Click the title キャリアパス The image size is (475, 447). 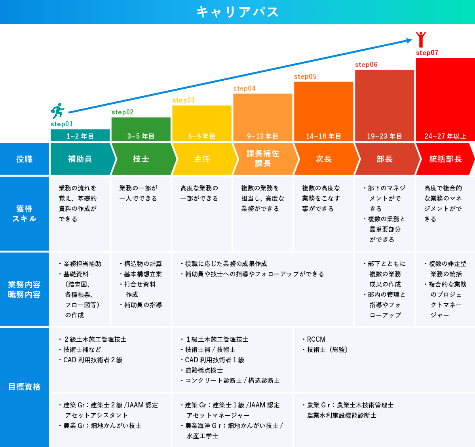tap(237, 12)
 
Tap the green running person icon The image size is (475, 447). tap(57, 111)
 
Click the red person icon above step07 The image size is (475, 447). tap(421, 40)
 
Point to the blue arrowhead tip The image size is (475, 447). tap(412, 40)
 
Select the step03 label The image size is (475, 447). tap(184, 100)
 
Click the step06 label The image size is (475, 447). tap(366, 65)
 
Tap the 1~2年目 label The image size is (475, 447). tap(80, 136)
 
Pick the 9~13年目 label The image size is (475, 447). tap(262, 136)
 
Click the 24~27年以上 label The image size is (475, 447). tap(445, 136)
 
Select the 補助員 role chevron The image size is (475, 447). tap(81, 159)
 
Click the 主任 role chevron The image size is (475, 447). tap(203, 159)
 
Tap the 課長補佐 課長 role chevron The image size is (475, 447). tap(264, 159)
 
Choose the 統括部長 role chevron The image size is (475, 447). tap(445, 159)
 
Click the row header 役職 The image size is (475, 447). tap(24, 159)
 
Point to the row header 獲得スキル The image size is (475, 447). tap(24, 214)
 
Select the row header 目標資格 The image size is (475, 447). tap(24, 387)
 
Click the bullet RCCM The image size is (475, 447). tap(314, 339)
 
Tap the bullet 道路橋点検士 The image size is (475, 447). tap(202, 370)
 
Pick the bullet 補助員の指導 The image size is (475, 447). tap(141, 305)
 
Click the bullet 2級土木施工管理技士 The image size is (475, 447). tap(93, 339)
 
